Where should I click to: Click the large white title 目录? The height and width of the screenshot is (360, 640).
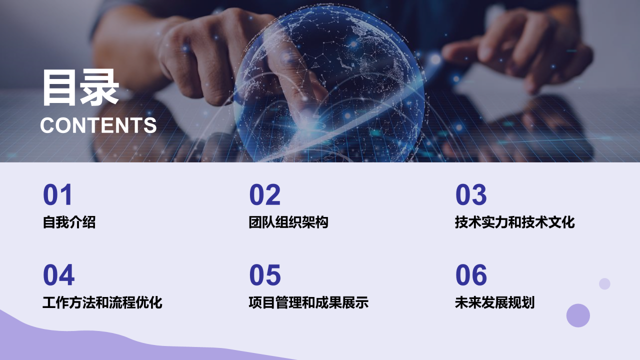pos(80,88)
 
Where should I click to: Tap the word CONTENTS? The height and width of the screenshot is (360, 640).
pos(98,125)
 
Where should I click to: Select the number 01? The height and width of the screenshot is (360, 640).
pos(57,195)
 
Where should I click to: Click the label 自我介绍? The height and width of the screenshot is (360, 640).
pos(69,222)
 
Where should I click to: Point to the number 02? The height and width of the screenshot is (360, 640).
pos(264,195)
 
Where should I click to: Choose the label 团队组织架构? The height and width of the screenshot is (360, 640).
pos(288,222)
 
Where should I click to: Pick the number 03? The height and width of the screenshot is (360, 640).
pos(470,195)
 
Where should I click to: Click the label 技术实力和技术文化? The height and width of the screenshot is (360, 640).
pos(514,222)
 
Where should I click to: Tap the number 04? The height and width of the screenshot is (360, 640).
pos(58,275)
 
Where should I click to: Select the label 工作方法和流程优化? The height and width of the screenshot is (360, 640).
pos(102,302)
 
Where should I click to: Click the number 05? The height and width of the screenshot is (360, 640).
pos(264,275)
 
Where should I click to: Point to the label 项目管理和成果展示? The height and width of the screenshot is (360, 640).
pos(308,302)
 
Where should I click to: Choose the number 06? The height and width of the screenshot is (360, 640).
pos(470,275)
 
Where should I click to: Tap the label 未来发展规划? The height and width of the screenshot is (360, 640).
pos(494,302)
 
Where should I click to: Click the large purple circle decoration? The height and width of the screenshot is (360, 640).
pos(578,315)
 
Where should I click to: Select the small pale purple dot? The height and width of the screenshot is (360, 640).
pos(604,283)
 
